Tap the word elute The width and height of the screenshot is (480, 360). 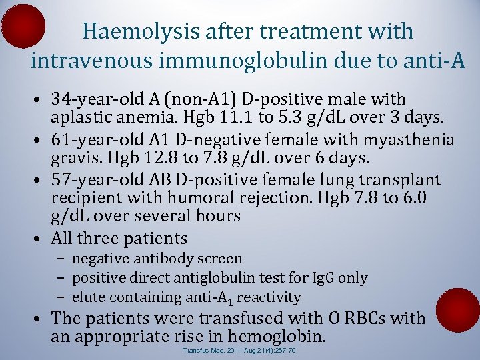pos(87,297)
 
